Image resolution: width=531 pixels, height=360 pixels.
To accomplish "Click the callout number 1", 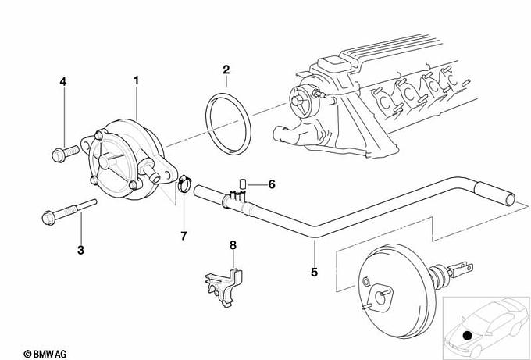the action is pyautogui.click(x=136, y=80).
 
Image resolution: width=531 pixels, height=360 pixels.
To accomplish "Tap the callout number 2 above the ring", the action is pyautogui.click(x=226, y=70).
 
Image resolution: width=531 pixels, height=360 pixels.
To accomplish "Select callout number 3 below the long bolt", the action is pyautogui.click(x=80, y=250).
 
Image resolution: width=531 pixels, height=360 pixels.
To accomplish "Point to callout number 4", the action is pyautogui.click(x=63, y=82).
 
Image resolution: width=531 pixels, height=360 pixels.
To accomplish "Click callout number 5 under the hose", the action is pyautogui.click(x=314, y=272).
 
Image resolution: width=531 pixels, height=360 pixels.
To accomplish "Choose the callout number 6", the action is pyautogui.click(x=272, y=184).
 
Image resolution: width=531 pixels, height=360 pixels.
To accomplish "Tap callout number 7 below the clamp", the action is pyautogui.click(x=184, y=236).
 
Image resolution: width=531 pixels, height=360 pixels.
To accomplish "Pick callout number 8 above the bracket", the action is pyautogui.click(x=233, y=245).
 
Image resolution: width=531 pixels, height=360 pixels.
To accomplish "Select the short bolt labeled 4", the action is pyautogui.click(x=66, y=154).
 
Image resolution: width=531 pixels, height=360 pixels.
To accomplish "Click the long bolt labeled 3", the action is pyautogui.click(x=69, y=212).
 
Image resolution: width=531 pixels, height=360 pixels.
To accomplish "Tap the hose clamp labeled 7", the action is pyautogui.click(x=184, y=184).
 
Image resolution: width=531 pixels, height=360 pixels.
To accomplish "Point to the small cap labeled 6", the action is pyautogui.click(x=243, y=184).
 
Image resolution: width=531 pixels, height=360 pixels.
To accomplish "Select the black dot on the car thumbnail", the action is pyautogui.click(x=467, y=335).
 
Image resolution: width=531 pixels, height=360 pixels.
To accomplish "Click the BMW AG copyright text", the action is pyautogui.click(x=45, y=354).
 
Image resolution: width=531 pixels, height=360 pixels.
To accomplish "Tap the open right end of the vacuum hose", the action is pyautogui.click(x=510, y=199).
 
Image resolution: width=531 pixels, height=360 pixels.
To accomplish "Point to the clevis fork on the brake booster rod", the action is pyautogui.click(x=460, y=269).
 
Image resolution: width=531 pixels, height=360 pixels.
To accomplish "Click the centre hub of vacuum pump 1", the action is pyautogui.click(x=107, y=161).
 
